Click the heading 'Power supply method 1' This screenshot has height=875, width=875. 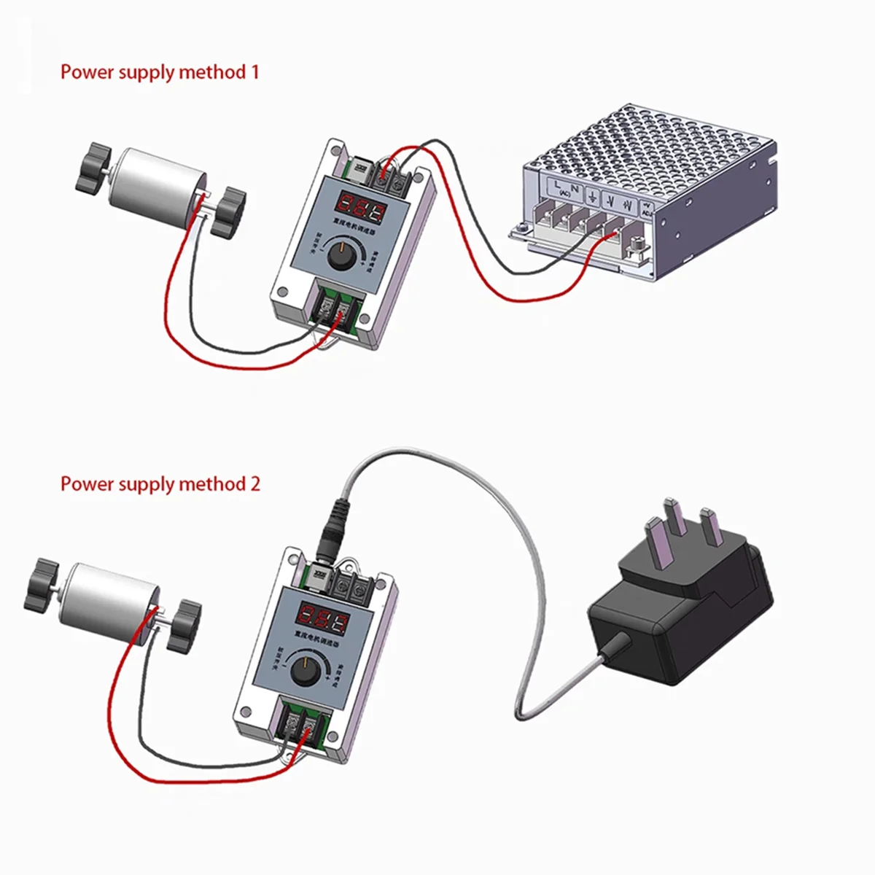[x=159, y=72]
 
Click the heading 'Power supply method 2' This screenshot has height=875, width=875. [x=160, y=484]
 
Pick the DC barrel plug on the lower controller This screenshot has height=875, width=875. [x=334, y=525]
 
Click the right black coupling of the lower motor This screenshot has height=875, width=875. [x=183, y=626]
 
